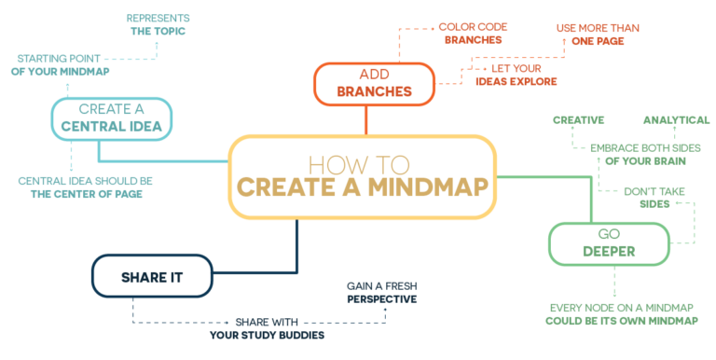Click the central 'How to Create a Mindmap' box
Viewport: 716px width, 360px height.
(x=364, y=177)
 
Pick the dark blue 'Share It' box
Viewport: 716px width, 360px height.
(x=151, y=276)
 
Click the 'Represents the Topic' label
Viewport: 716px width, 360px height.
(x=160, y=23)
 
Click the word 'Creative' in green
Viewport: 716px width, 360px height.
(x=579, y=120)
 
